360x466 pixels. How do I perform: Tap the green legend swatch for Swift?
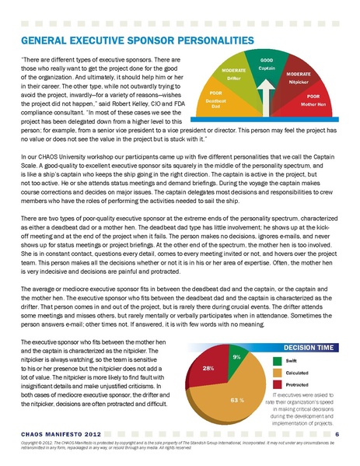pos(278,361)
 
